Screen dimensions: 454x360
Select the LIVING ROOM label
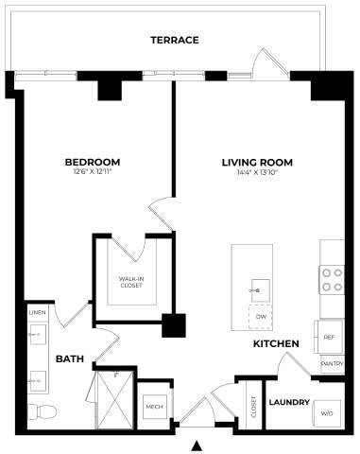click(x=257, y=162)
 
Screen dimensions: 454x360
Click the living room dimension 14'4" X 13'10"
click(x=257, y=172)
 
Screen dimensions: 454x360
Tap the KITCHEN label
click(x=276, y=343)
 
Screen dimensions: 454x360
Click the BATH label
click(x=70, y=359)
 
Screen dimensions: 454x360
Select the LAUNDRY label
click(x=289, y=402)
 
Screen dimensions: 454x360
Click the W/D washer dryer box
click(x=327, y=413)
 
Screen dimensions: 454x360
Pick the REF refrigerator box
click(x=330, y=336)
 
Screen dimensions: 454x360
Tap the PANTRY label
click(x=331, y=362)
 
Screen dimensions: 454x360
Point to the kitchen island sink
click(x=259, y=288)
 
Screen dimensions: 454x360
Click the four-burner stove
click(x=332, y=278)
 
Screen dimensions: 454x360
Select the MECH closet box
click(x=152, y=407)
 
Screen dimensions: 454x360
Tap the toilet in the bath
click(x=41, y=411)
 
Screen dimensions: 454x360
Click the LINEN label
click(x=37, y=311)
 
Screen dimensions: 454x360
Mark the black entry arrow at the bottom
click(x=197, y=445)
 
